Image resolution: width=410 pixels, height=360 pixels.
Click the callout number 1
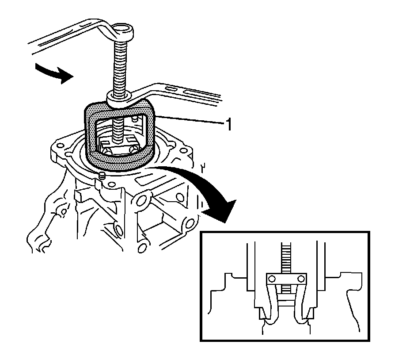pos(228,125)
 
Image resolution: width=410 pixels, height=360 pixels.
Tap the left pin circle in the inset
pos(272,279)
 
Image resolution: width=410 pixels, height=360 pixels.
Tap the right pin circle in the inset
pos(301,279)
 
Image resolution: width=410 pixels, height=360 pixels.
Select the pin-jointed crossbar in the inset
pos(286,280)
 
